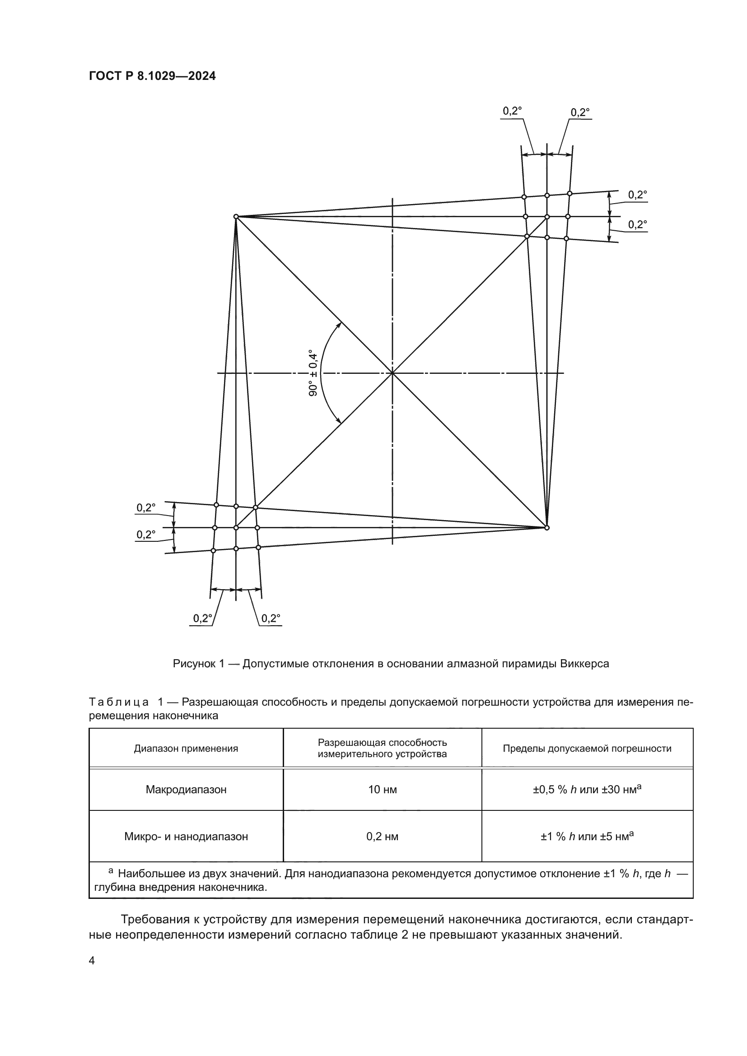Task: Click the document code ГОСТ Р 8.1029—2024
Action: [x=152, y=76]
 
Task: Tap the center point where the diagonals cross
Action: [x=392, y=373]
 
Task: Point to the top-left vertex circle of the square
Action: [x=235, y=216]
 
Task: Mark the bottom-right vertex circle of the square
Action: [x=547, y=527]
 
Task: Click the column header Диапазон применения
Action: [x=186, y=748]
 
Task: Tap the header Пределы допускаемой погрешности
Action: [x=587, y=748]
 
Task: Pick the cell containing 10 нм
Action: [x=382, y=790]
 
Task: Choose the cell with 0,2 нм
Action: [x=382, y=837]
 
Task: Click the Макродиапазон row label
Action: [x=186, y=790]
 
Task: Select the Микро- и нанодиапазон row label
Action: [x=186, y=837]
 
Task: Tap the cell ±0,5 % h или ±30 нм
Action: [x=587, y=790]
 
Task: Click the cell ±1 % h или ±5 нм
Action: [x=587, y=837]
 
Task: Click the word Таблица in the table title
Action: [x=119, y=702]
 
